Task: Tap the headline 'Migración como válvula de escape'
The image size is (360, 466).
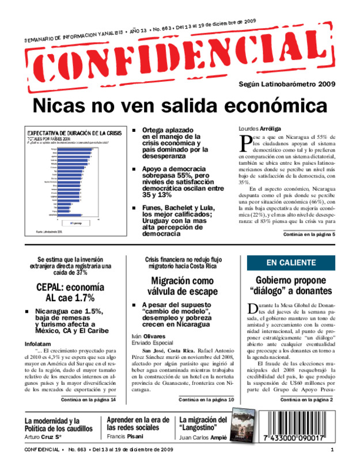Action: click(181, 286)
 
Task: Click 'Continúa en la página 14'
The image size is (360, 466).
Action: click(89, 416)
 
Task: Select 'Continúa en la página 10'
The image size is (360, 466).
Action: click(206, 416)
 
